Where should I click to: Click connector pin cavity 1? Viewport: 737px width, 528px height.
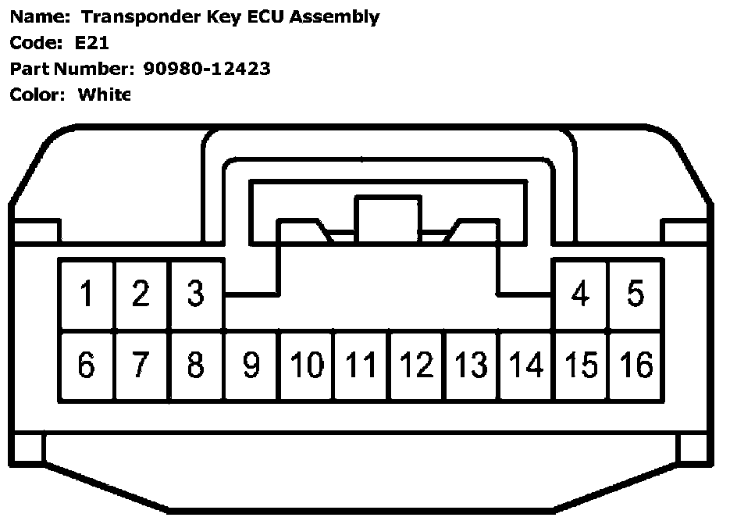pos(87,294)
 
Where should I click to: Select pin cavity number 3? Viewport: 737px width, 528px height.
pos(196,294)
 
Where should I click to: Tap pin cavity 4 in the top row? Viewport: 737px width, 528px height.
pos(580,294)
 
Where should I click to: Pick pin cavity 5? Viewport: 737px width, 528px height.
pos(636,294)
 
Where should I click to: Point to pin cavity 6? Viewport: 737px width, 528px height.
pos(87,366)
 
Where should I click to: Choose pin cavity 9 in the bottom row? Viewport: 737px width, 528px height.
pos(251,366)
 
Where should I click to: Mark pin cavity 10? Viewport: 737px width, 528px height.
pos(307,366)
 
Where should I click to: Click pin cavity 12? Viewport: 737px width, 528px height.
pos(417,366)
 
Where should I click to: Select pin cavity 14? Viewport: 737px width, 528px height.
pos(526,366)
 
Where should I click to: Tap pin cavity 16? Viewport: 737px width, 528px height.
pos(636,366)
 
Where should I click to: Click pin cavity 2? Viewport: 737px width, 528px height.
pos(141,294)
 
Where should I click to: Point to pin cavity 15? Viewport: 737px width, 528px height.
pos(581,366)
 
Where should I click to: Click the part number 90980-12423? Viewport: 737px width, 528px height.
pos(207,69)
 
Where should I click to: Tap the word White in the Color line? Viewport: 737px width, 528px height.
pos(104,95)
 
